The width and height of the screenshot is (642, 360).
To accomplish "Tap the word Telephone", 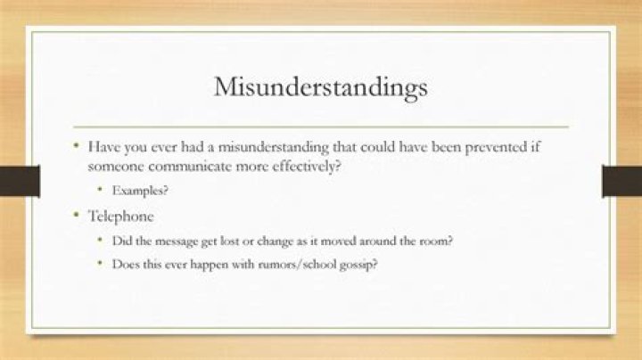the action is click(120, 216).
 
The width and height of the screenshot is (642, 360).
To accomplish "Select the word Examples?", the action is click(140, 191).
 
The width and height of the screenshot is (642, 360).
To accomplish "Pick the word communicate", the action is click(195, 167).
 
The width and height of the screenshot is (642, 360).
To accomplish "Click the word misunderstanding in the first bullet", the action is click(274, 147).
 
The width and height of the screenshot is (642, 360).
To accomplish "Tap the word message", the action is click(176, 241).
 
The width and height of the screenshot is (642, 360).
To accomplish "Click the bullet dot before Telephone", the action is click(76, 215).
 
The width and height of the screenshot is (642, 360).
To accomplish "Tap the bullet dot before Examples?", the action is click(100, 189).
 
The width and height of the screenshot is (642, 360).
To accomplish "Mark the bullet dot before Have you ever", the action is click(76, 145).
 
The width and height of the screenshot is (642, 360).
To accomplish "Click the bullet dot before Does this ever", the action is click(100, 263).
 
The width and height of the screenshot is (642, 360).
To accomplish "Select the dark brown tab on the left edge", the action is click(20, 181).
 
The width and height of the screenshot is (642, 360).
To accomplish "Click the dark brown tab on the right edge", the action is click(622, 181).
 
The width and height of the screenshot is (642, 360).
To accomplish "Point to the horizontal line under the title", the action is click(321, 127).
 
